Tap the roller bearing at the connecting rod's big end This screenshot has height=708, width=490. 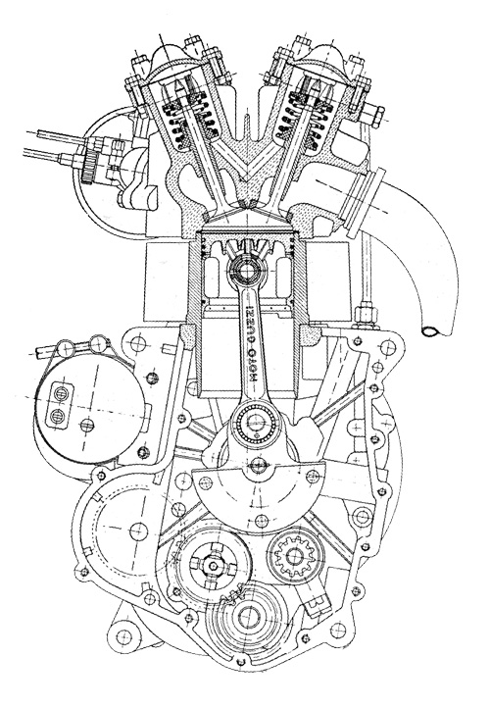coord(256,425)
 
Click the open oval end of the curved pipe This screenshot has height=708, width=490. coord(432,331)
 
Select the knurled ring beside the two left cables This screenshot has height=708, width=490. coord(90,166)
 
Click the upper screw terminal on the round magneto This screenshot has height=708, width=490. coord(60,394)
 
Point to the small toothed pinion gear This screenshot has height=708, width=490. coord(294,555)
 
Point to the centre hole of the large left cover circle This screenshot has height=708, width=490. coord(138,531)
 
